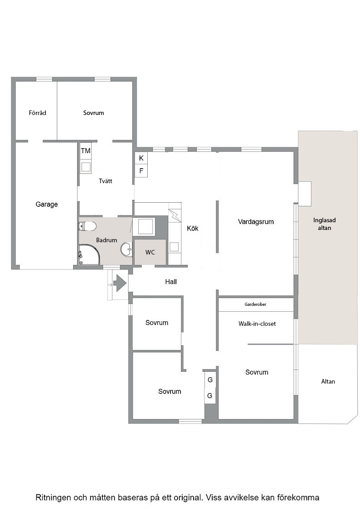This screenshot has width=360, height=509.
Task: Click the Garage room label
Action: pos(47,204)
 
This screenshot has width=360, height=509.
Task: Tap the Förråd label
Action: pos(37,113)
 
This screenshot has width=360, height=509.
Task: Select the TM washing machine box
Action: pos(86,150)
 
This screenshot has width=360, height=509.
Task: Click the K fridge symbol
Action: pos(141,158)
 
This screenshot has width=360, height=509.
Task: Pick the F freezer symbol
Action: pos(141,171)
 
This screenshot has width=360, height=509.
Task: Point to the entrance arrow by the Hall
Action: pos(120,283)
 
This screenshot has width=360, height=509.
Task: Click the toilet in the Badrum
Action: pos(88,226)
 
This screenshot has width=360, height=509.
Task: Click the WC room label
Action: pos(150,252)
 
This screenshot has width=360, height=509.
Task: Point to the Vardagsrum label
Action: pos(256,222)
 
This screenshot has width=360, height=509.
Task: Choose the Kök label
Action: pos(192,228)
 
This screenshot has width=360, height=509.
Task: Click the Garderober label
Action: pos(255,304)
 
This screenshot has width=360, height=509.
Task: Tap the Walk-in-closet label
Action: pos(257,324)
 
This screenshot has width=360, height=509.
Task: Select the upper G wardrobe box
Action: pos(210,380)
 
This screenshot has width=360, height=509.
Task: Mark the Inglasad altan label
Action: pos(324,224)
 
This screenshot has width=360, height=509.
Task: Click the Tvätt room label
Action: pos(105,181)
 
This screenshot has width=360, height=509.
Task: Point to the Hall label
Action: pos(171,282)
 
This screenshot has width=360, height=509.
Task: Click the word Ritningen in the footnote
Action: pos(53,498)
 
